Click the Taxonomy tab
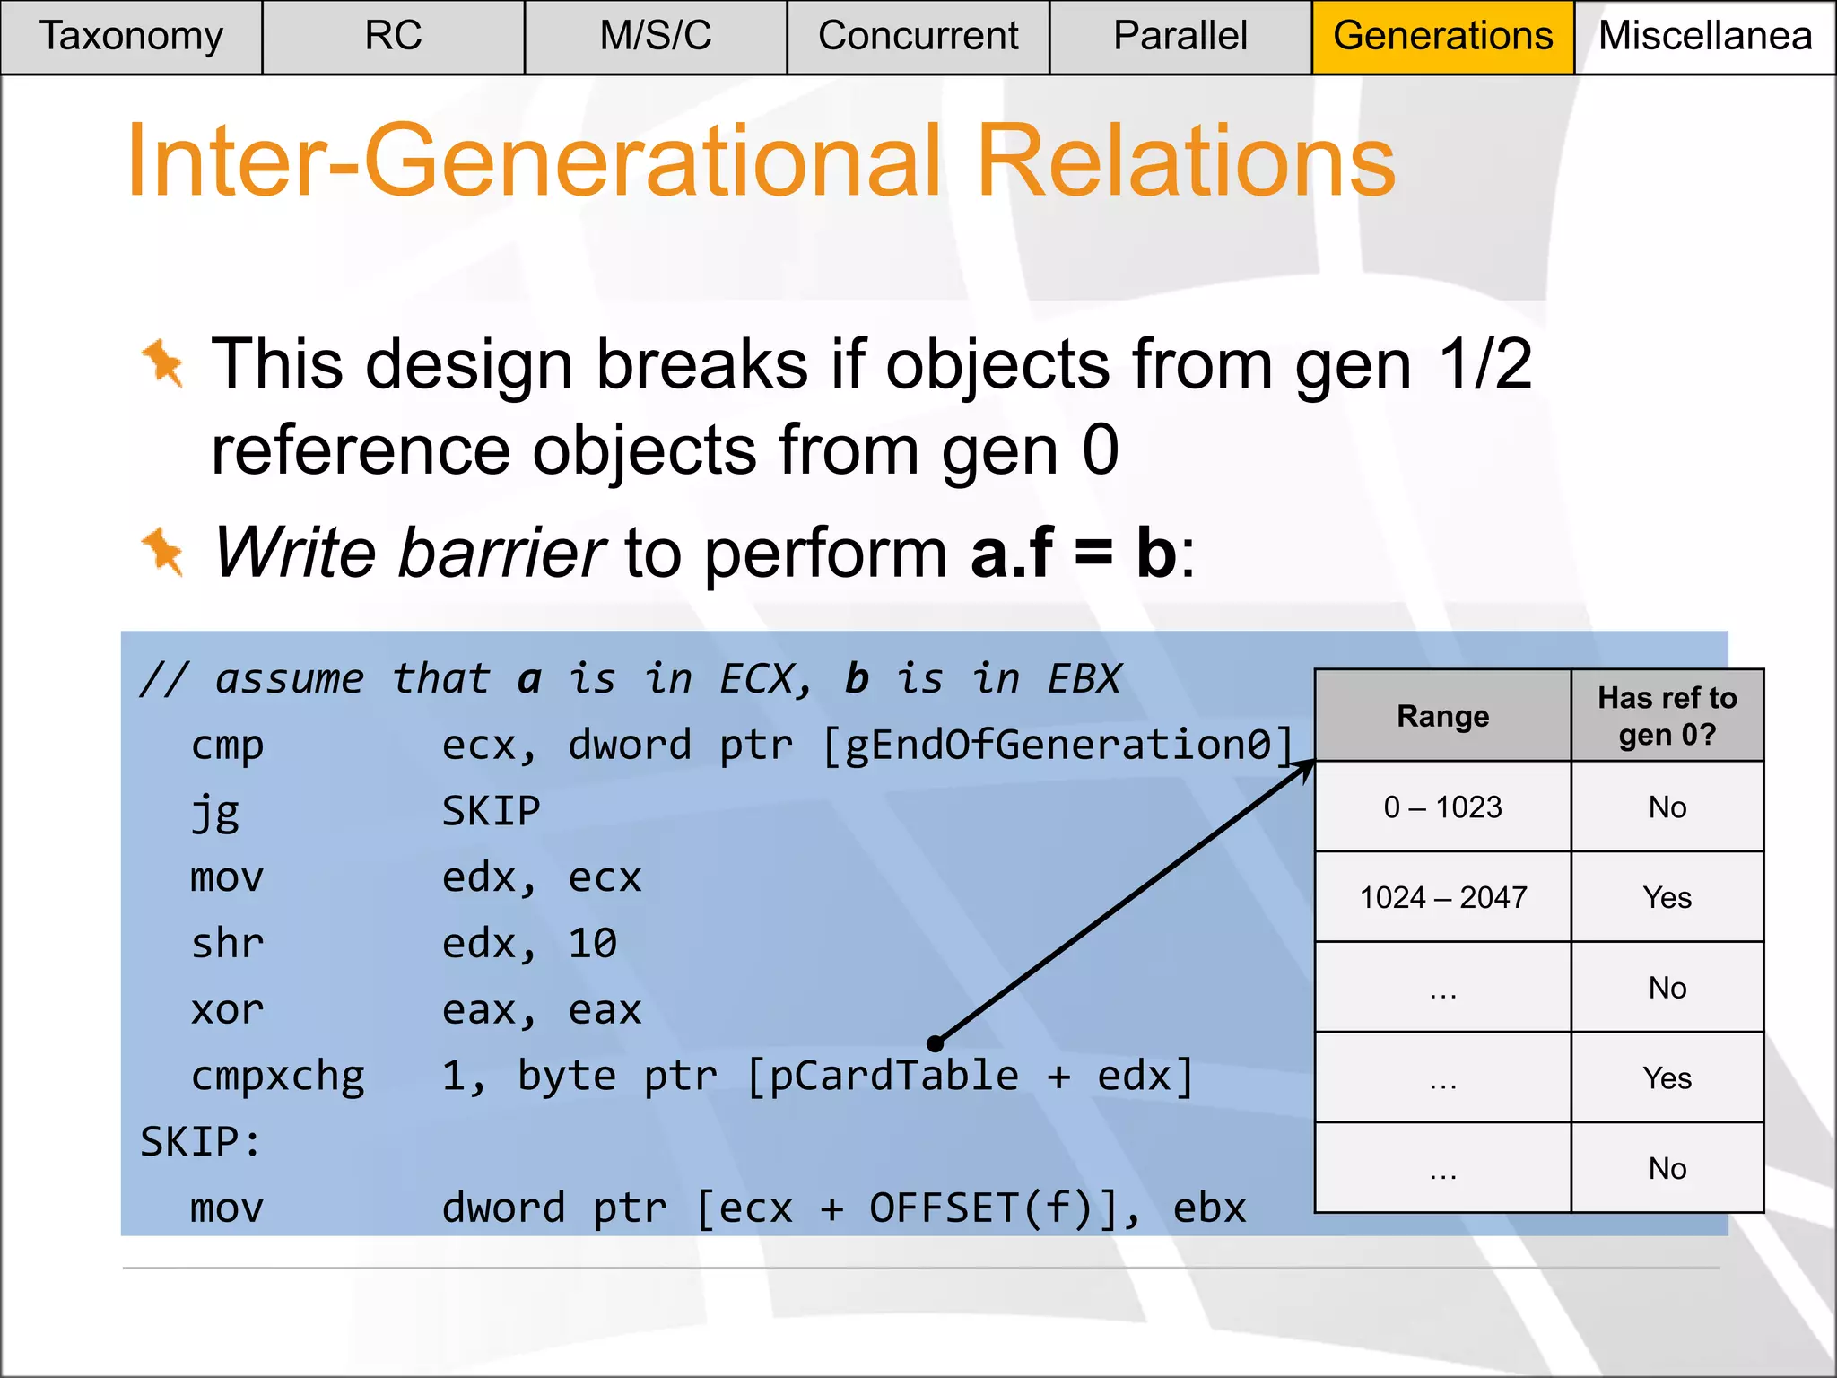click(x=131, y=37)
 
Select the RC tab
click(x=393, y=37)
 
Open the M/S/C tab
click(x=656, y=37)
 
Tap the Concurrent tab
click(x=918, y=37)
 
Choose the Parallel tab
click(x=1180, y=37)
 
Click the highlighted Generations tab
click(x=1442, y=37)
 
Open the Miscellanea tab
click(x=1705, y=37)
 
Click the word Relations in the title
click(x=1186, y=161)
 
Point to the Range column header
click(x=1442, y=716)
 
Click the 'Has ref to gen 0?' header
click(x=1667, y=716)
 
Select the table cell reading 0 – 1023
click(x=1442, y=807)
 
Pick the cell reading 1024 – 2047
click(x=1442, y=897)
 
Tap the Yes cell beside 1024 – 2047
click(x=1667, y=897)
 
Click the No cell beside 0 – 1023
click(x=1667, y=807)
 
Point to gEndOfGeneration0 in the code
click(x=1058, y=746)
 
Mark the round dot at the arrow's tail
click(x=936, y=1043)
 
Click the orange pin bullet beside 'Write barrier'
click(x=163, y=551)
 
